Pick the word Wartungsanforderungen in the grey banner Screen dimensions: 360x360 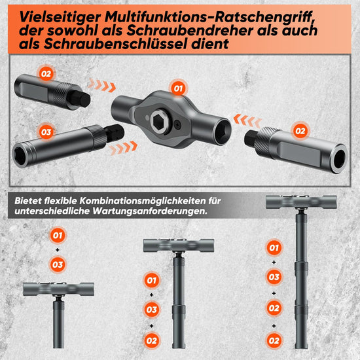[150, 211]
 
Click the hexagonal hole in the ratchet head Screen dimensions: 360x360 [160, 121]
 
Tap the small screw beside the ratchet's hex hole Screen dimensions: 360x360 [177, 124]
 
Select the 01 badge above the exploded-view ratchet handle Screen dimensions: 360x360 [178, 88]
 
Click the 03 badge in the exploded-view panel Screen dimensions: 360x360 [46, 132]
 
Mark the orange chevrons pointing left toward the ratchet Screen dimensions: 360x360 [247, 120]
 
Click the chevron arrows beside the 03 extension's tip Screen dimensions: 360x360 [123, 148]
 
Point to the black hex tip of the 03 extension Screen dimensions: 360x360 [114, 133]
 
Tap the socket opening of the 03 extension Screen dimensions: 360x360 [20, 156]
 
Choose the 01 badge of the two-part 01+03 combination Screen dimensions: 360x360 [58, 236]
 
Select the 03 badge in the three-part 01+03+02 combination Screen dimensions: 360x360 [152, 310]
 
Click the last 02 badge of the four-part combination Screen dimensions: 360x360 [274, 341]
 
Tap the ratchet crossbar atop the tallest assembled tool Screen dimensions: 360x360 [301, 202]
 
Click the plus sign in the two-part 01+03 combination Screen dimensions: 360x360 [58, 250]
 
